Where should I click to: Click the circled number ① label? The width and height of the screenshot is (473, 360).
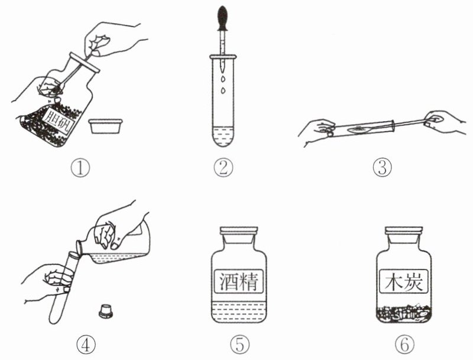80,168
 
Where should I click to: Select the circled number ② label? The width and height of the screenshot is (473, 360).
223,168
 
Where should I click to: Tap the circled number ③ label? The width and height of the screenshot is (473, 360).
382,168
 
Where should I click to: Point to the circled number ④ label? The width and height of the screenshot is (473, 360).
86,345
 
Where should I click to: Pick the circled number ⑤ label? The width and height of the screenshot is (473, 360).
240,345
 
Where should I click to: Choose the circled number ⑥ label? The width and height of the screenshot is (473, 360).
404,345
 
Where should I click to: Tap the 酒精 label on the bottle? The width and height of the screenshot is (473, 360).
239,281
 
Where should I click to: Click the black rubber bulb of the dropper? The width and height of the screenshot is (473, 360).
223,18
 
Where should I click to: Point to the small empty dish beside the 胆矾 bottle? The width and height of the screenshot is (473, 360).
106,126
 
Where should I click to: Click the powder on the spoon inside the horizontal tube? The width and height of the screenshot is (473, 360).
357,129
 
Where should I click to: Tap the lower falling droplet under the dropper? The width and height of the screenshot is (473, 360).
223,90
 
